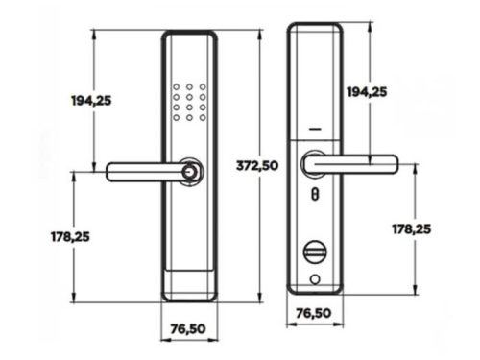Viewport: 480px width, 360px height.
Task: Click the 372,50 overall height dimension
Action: pos(257,166)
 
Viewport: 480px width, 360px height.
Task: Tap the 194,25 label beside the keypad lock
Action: pos(91,101)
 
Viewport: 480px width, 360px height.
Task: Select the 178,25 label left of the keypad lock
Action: pos(70,237)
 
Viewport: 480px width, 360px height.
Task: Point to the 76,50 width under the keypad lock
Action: pos(188,328)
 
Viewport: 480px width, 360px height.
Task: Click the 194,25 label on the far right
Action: pos(367,92)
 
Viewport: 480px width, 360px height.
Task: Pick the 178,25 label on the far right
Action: pos(412,229)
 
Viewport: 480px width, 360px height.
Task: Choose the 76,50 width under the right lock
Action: pos(314,313)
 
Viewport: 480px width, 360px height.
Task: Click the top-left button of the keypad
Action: pos(177,86)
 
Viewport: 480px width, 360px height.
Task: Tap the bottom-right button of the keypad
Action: pos(203,118)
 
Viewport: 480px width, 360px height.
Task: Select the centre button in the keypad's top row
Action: pos(189,86)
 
